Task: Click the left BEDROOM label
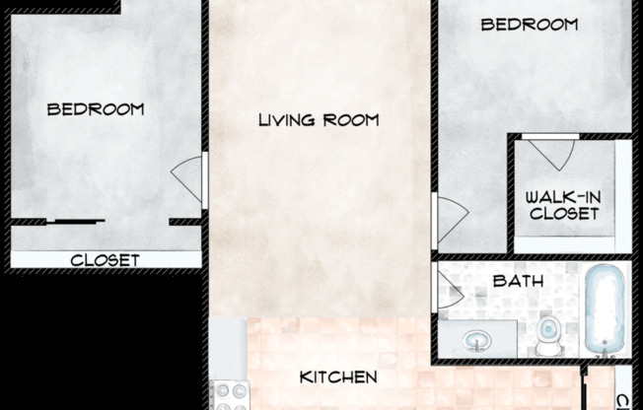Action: click(x=96, y=108)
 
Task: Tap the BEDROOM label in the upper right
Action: click(x=529, y=25)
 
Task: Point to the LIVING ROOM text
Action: click(x=318, y=120)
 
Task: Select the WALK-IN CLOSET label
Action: click(x=564, y=205)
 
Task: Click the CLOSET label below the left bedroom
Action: click(x=105, y=261)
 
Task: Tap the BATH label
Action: click(x=519, y=282)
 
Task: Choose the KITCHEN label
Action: click(x=338, y=377)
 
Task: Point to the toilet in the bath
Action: click(x=548, y=336)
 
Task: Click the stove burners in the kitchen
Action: click(x=231, y=396)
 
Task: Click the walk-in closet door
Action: click(x=548, y=152)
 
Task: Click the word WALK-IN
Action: click(x=564, y=197)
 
